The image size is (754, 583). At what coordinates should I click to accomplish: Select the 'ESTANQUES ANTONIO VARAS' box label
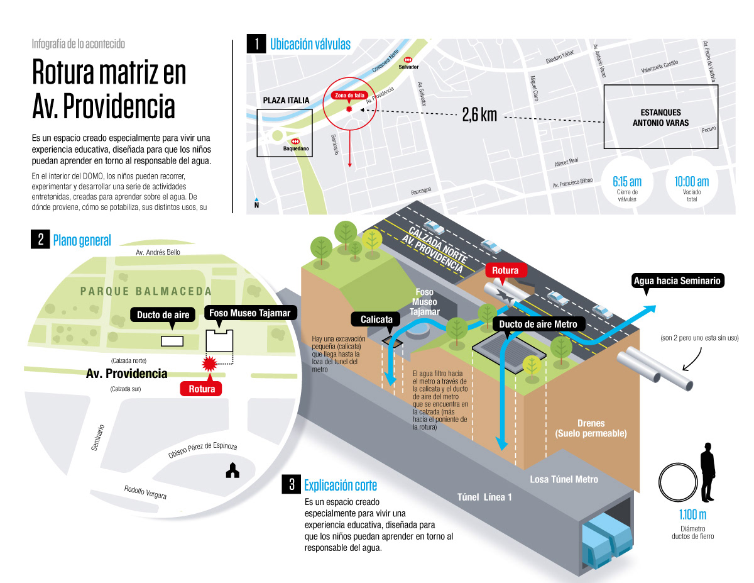point(660,118)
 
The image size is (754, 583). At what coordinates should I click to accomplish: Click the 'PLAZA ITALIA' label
point(287,100)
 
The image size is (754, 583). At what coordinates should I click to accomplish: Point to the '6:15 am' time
point(626,181)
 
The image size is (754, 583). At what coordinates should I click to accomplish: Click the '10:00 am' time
point(691,181)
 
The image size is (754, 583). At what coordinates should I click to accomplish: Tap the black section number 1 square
point(256,44)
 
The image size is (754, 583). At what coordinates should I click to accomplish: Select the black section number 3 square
point(291,484)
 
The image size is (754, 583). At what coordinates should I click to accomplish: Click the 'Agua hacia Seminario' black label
point(677,280)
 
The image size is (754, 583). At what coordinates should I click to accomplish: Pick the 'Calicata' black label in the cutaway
point(376,319)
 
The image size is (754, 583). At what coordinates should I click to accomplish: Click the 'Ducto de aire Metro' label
point(538,324)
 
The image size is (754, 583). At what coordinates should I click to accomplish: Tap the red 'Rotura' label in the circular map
point(202,389)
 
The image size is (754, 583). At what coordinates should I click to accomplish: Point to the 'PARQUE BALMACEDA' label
point(146,291)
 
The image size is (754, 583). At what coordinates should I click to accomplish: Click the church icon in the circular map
point(232,470)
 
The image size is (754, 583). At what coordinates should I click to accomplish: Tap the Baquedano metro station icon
point(295,142)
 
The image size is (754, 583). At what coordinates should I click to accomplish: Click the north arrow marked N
point(256,203)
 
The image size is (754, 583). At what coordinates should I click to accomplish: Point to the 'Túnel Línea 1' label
point(484,497)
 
